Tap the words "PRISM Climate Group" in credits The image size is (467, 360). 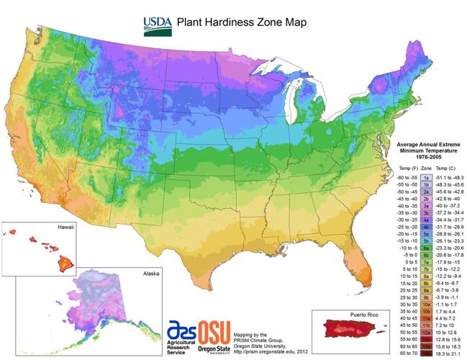pyautogui.click(x=260, y=343)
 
